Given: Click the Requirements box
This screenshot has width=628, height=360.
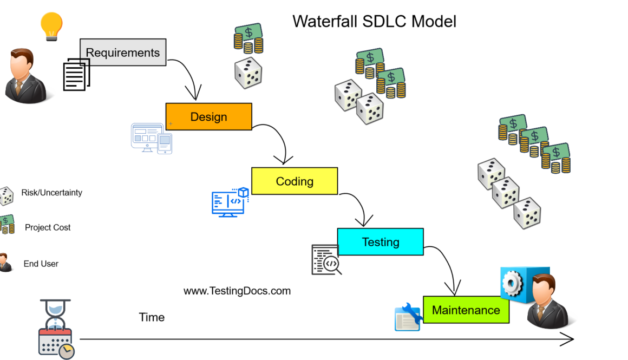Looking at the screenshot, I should click(x=123, y=53).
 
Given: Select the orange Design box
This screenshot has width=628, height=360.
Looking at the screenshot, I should click(x=208, y=116).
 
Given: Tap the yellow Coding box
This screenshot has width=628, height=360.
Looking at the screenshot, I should click(x=294, y=181).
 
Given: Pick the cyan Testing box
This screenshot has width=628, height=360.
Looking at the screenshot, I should click(x=380, y=241).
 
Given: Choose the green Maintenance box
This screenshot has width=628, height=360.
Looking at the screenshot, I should click(x=466, y=310).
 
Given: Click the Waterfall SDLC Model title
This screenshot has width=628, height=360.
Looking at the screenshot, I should click(x=374, y=21).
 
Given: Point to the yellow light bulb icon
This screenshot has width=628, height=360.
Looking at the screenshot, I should click(x=51, y=26).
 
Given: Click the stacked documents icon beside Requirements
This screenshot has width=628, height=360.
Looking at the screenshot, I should click(x=76, y=75).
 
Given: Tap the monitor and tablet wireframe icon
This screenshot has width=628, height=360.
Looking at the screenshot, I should click(x=151, y=139).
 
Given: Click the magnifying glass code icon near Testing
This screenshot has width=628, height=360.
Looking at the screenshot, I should click(x=326, y=260).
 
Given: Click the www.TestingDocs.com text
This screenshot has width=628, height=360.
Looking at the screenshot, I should click(x=237, y=291).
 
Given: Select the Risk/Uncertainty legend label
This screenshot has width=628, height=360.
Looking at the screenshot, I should click(x=51, y=192).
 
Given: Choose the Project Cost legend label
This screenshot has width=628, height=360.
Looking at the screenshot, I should click(x=48, y=227).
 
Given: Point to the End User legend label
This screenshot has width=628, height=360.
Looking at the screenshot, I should click(x=41, y=264).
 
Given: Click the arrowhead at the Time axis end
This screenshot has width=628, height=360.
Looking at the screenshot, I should click(x=568, y=339).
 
